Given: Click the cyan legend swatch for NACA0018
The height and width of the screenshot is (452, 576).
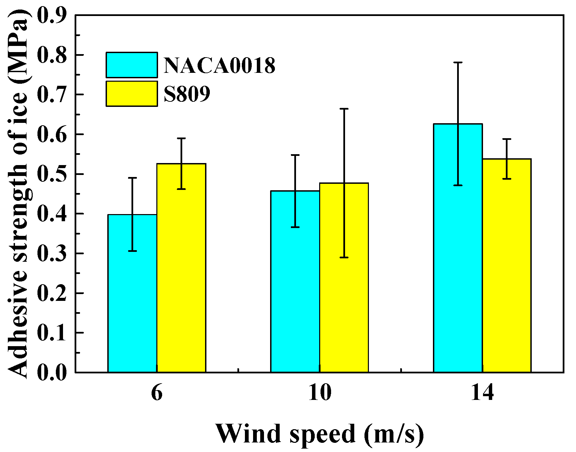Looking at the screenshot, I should [131, 65].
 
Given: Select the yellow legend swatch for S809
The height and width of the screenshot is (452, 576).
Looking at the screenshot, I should [131, 94].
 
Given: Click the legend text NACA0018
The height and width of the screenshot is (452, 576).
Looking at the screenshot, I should [219, 65].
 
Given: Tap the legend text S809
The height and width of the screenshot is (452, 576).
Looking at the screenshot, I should [187, 94].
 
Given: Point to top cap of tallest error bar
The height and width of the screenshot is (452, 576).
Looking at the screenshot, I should [458, 62].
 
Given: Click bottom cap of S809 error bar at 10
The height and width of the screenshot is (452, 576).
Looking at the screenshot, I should [344, 257].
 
